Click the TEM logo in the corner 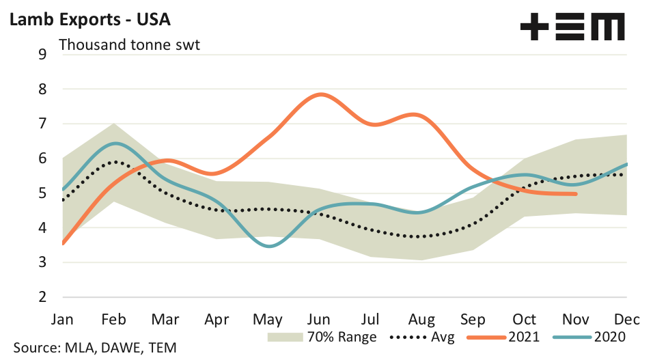click(572, 29)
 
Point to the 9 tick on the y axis click(42, 54)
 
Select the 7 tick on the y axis click(42, 124)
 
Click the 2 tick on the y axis click(42, 297)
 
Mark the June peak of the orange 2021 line click(320, 94)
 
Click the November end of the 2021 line click(576, 194)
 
